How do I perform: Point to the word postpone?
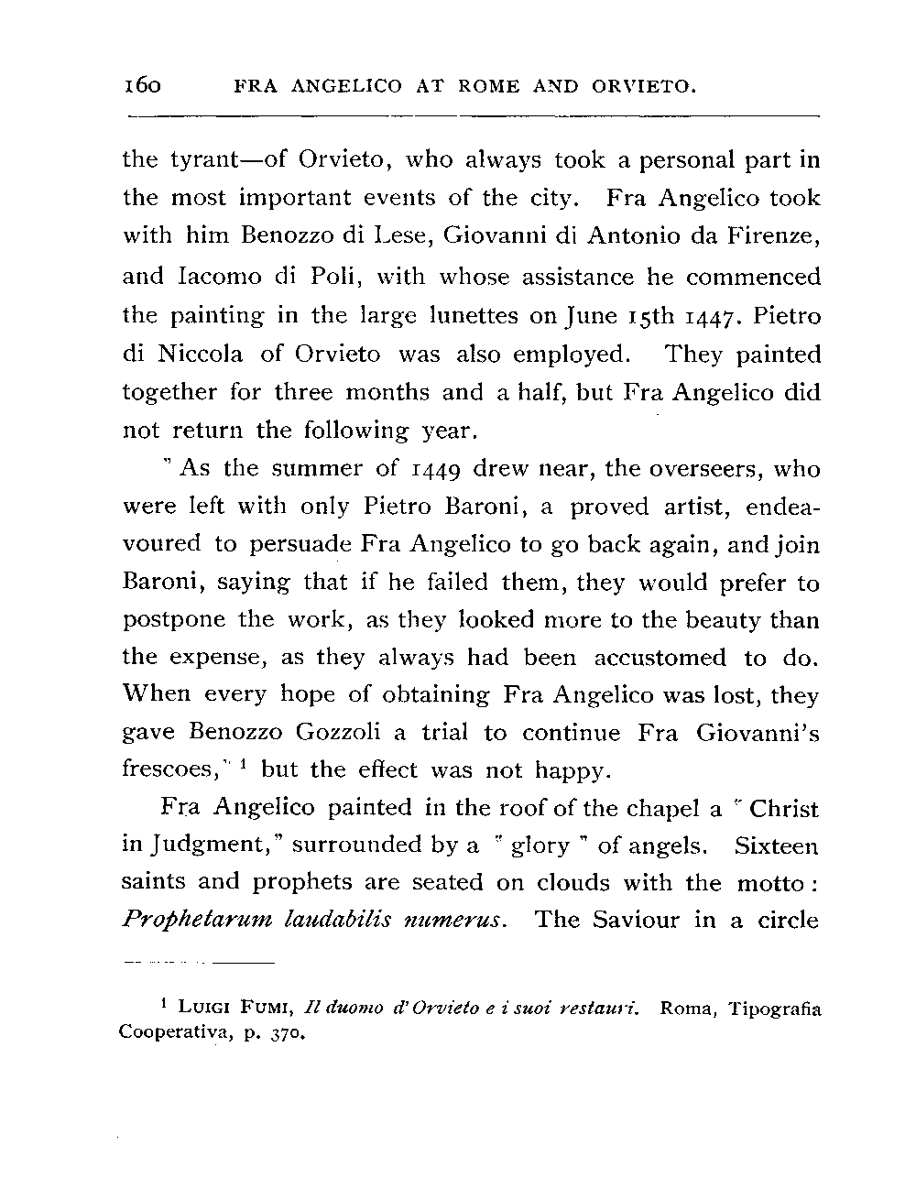tap(174, 620)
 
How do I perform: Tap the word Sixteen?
tap(776, 845)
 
